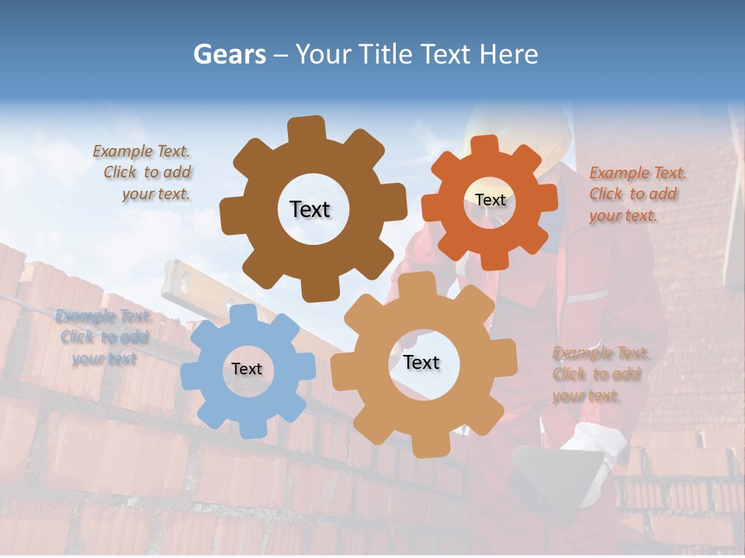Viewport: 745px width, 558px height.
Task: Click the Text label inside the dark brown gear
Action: (x=310, y=209)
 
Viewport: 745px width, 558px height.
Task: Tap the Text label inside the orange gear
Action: (x=490, y=200)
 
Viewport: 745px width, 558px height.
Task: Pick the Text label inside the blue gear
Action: (x=247, y=370)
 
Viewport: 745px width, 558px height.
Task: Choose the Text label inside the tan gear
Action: (x=421, y=363)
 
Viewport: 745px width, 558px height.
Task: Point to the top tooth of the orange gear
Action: (x=485, y=146)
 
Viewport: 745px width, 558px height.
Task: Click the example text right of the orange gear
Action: (x=636, y=195)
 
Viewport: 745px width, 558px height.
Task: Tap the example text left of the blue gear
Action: (x=103, y=337)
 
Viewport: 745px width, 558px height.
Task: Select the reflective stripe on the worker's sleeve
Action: (x=587, y=296)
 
